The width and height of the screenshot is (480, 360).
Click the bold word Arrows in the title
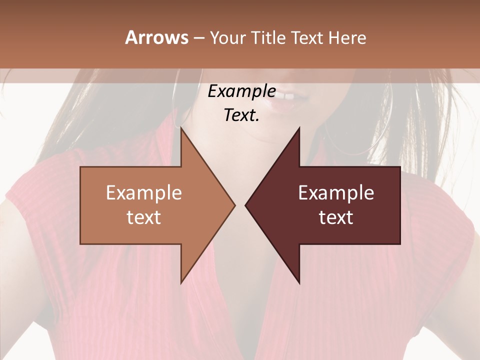click(156, 37)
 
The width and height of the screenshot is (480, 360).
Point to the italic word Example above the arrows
click(241, 91)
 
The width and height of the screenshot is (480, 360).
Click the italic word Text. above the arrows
click(241, 115)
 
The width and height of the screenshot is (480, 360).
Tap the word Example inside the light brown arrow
click(144, 193)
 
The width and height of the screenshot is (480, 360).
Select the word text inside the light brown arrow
click(144, 217)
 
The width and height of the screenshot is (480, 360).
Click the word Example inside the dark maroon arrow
click(336, 193)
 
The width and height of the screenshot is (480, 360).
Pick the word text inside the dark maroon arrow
click(336, 217)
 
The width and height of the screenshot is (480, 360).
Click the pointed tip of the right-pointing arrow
click(234, 205)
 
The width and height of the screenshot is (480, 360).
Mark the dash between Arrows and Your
click(198, 38)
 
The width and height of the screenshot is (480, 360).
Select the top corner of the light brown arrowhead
click(181, 128)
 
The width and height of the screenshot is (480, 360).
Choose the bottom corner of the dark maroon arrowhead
click(299, 283)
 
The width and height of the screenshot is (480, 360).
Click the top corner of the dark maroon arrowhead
click(299, 128)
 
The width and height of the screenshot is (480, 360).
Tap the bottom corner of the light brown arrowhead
click(181, 283)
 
